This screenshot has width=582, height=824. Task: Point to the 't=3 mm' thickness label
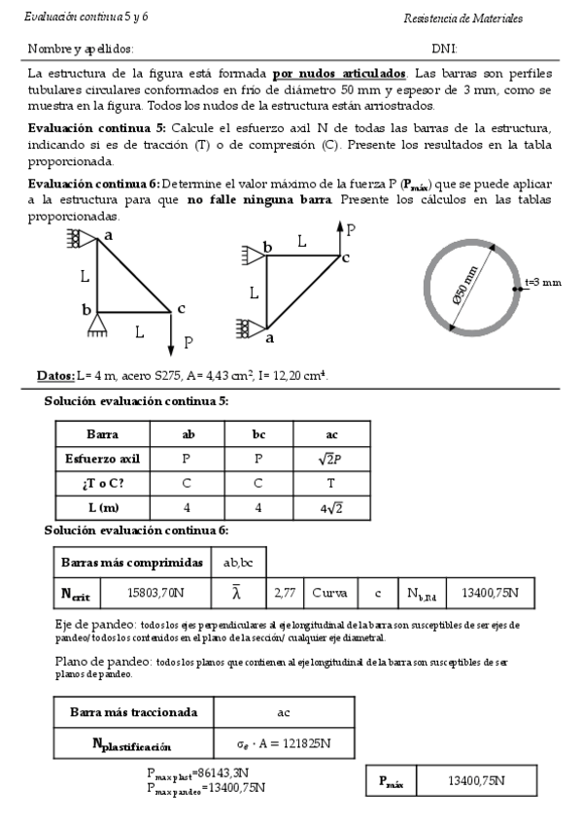tap(542, 283)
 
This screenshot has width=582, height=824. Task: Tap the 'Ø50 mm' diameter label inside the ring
tap(472, 286)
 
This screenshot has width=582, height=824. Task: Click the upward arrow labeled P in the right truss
tap(339, 237)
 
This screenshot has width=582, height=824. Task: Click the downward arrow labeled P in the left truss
tap(170, 334)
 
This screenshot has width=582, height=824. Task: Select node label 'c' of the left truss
tap(181, 309)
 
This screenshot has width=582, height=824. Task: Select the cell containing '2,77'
tap(285, 592)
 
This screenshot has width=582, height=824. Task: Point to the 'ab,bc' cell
tap(238, 563)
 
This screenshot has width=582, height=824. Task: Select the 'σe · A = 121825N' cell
tap(284, 745)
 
